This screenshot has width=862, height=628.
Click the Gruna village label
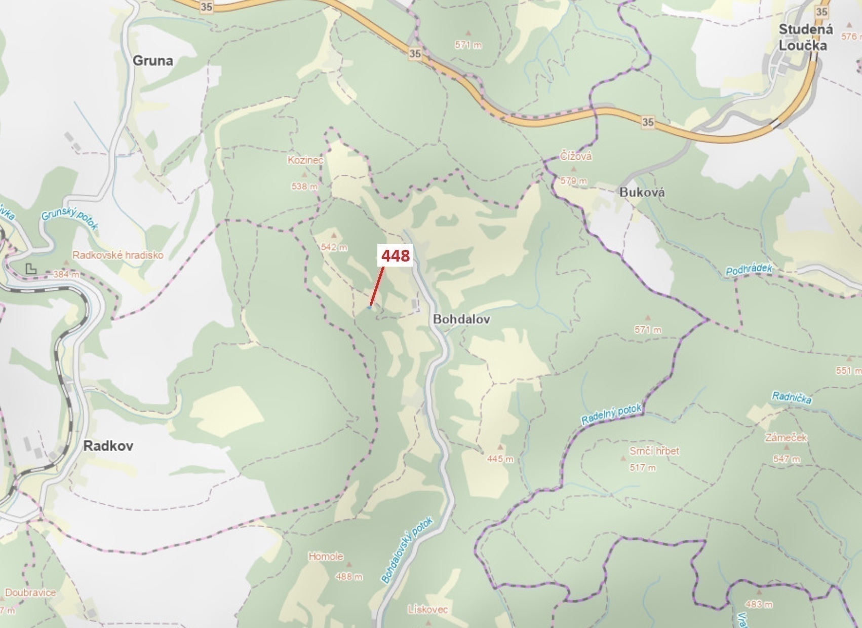152,61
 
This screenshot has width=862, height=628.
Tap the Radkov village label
108,446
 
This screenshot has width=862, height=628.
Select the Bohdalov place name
461,319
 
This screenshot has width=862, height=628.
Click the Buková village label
642,192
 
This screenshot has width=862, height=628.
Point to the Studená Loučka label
805,38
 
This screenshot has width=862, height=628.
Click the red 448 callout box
396,256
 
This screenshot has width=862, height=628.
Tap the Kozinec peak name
305,160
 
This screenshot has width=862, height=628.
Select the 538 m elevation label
304,187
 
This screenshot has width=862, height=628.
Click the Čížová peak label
576,156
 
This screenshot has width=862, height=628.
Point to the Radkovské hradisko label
118,255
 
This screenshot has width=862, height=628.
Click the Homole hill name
326,557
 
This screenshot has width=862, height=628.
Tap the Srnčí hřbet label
654,451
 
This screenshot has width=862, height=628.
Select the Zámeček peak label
786,437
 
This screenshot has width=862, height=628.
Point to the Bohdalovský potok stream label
407,550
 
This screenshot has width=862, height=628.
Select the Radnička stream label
791,398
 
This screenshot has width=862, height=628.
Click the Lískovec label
427,609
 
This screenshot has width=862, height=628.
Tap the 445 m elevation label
500,459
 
